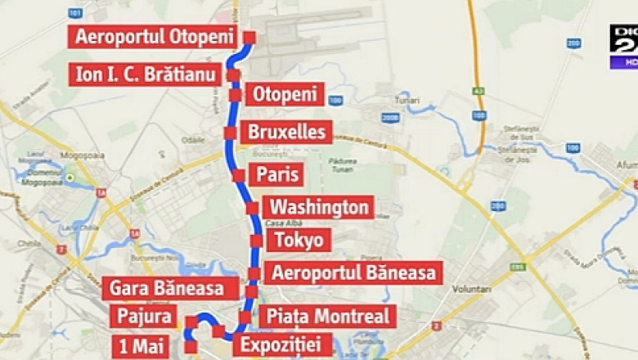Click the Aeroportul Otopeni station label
(153, 37)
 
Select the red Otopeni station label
(284, 94)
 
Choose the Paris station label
(278, 174)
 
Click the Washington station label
(320, 207)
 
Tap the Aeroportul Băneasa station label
(355, 273)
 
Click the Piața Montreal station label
(327, 317)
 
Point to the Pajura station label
(144, 317)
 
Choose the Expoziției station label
(282, 344)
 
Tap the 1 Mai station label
(141, 346)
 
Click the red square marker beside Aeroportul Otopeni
(249, 37)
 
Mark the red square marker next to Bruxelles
(230, 133)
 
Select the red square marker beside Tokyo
(256, 241)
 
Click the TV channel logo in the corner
(623, 47)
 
